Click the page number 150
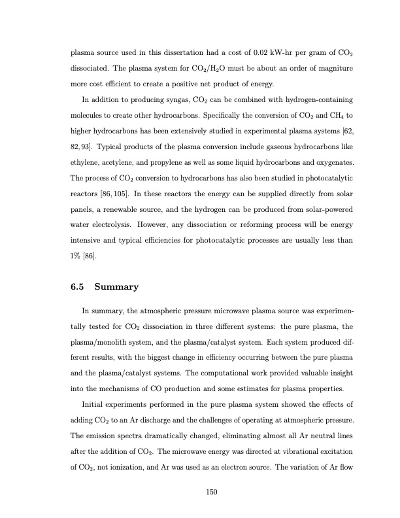click(199, 492)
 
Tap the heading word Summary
click(118, 286)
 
